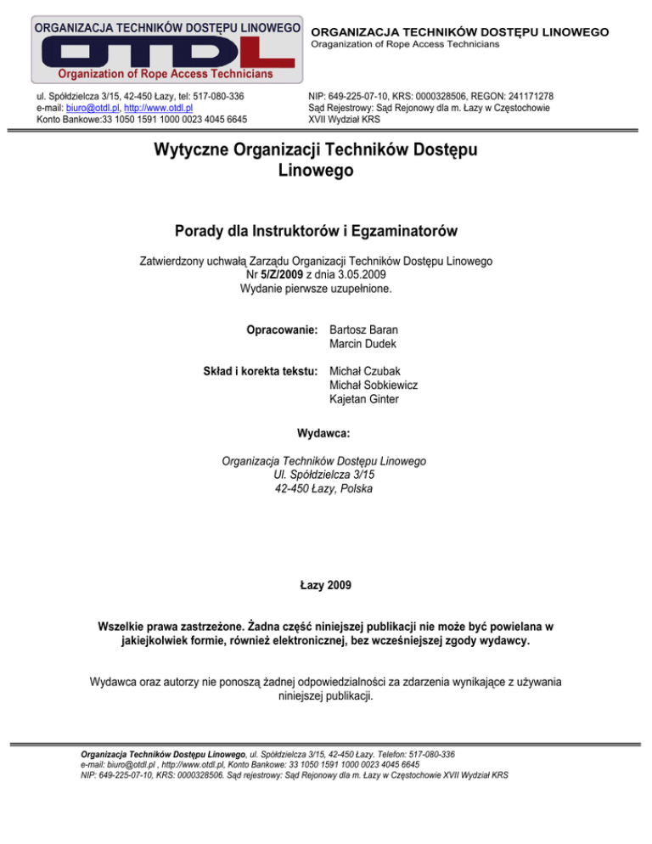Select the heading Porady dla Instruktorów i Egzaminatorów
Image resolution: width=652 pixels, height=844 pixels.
point(325,232)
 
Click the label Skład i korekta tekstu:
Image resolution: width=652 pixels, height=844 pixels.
point(261,370)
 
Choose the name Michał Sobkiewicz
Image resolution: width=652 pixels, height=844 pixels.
point(374,385)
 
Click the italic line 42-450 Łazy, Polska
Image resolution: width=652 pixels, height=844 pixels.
point(323,489)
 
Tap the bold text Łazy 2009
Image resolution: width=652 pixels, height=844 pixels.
point(326,585)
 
